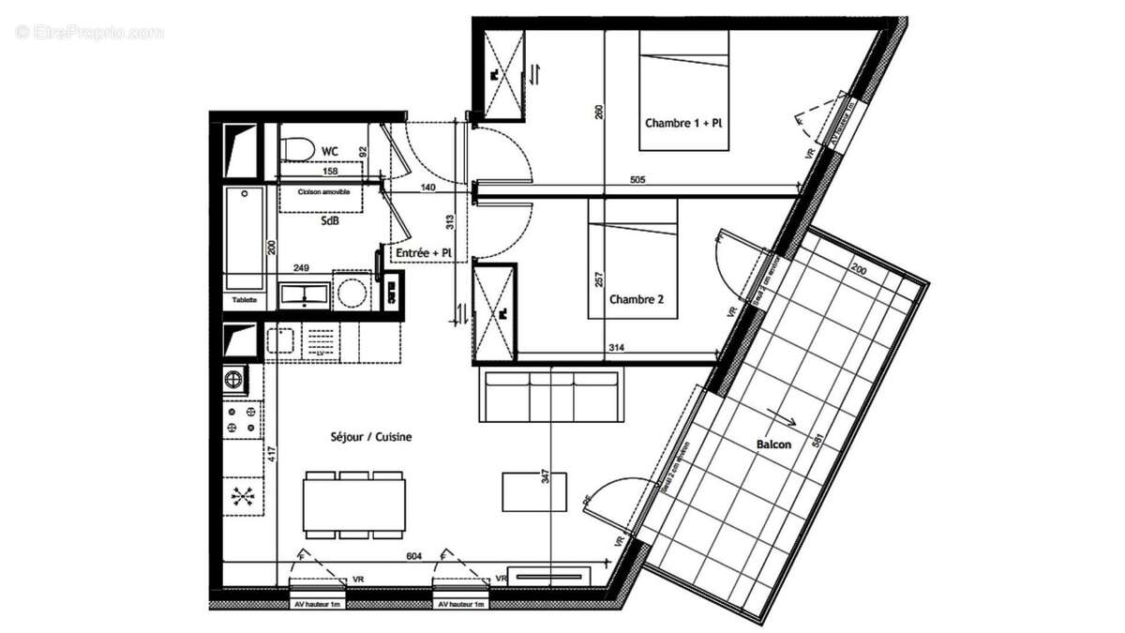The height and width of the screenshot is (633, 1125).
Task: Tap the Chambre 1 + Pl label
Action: (683, 123)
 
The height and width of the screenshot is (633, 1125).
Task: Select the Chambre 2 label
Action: (637, 300)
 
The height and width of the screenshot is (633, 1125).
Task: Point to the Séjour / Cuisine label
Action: (371, 436)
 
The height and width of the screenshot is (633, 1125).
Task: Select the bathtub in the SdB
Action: (246, 239)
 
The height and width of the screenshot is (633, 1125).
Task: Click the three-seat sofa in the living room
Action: (550, 395)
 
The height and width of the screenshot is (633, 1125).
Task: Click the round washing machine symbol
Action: (352, 294)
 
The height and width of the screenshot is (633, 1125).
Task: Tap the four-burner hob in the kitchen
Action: (240, 418)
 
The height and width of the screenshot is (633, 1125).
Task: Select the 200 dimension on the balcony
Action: (860, 268)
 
